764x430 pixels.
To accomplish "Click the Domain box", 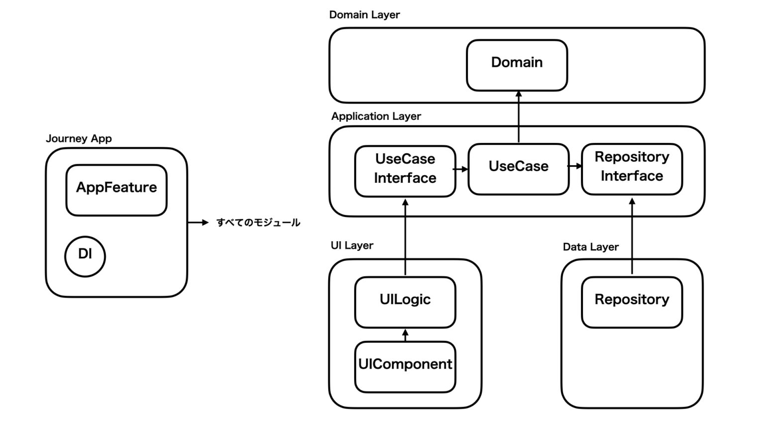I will tap(517, 65).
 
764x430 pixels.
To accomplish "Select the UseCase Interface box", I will tap(405, 171).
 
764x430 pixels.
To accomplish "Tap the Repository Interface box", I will tap(632, 169).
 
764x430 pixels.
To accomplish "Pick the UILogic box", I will tap(405, 302).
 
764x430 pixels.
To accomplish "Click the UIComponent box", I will tap(405, 366).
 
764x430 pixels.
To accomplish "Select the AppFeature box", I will tap(116, 190).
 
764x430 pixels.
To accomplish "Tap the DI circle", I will tap(85, 256).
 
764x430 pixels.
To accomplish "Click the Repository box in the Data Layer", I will tap(632, 302).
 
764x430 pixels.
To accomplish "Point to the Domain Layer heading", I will tap(364, 15).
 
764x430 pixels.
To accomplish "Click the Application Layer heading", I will tap(376, 116).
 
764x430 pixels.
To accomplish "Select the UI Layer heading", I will tap(352, 245).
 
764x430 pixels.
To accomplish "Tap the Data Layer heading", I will tap(590, 247).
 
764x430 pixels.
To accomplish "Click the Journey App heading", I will tap(79, 138).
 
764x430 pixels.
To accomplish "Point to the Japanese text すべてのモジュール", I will tap(258, 222).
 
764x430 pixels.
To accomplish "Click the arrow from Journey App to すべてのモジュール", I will tap(198, 222).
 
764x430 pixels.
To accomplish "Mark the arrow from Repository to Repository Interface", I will tap(632, 236).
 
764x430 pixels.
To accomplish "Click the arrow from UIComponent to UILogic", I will tap(405, 335).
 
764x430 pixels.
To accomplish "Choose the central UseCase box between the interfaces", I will tap(518, 169).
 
